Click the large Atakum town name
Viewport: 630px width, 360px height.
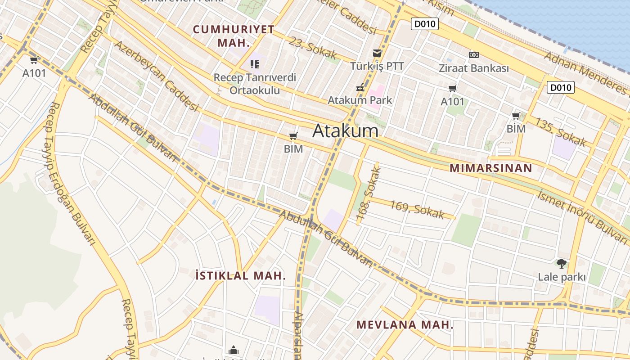(345, 131)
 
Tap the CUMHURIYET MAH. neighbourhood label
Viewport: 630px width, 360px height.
(234, 36)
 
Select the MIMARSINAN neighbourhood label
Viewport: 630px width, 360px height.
(491, 168)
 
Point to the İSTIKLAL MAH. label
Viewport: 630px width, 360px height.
(241, 275)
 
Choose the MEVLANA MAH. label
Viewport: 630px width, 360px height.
(405, 324)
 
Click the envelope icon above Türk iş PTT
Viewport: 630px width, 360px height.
(377, 53)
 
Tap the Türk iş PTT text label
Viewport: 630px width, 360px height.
(377, 66)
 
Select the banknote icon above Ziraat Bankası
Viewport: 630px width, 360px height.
(473, 55)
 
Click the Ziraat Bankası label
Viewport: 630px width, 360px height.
(473, 68)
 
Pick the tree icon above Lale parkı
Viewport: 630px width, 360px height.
(561, 264)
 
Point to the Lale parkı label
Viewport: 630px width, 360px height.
(562, 277)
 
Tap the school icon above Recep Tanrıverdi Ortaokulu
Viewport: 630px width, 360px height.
(255, 64)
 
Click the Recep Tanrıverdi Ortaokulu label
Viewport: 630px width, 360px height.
(255, 84)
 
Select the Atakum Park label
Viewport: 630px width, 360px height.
(360, 100)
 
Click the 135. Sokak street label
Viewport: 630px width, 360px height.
(560, 132)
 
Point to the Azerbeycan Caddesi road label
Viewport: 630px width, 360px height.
(156, 76)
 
